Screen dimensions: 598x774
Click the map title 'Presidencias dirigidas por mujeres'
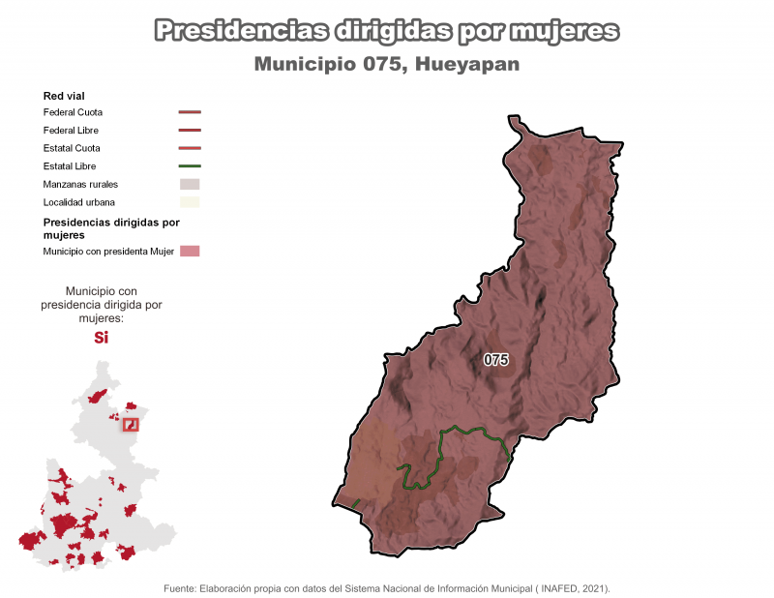[387, 32]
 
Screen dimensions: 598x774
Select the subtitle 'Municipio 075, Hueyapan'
[387, 65]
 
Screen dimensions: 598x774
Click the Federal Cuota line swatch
[190, 112]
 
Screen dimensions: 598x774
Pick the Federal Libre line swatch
[190, 130]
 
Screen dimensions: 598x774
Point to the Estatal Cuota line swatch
[190, 148]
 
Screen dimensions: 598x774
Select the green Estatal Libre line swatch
[190, 166]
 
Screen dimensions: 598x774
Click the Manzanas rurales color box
[190, 184]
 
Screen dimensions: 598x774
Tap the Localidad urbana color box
[190, 202]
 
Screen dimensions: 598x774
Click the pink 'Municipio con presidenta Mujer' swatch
[190, 252]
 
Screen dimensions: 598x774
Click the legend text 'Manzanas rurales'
[81, 184]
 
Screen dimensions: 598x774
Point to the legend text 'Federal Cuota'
[73, 112]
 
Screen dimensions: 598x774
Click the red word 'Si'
[101, 338]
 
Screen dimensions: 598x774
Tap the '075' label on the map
[496, 360]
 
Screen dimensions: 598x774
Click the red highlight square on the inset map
[130, 424]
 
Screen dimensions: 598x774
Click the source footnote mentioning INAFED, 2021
[387, 587]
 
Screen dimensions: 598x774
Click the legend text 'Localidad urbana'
[79, 202]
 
